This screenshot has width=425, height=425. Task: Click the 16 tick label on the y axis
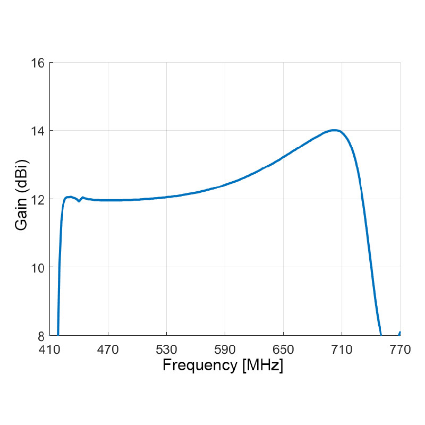click(x=38, y=63)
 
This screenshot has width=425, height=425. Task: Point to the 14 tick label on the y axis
click(x=38, y=131)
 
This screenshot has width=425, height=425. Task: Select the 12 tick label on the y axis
click(x=38, y=199)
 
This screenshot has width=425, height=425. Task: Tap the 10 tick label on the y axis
click(x=38, y=267)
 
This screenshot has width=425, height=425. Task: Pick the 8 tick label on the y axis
click(x=41, y=335)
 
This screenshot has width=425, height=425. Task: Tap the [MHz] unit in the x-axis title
click(x=262, y=365)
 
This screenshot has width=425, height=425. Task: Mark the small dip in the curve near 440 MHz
click(x=79, y=201)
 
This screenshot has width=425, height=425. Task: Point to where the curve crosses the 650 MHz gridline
click(x=283, y=158)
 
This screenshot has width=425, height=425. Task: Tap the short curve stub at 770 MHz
click(x=399, y=333)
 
